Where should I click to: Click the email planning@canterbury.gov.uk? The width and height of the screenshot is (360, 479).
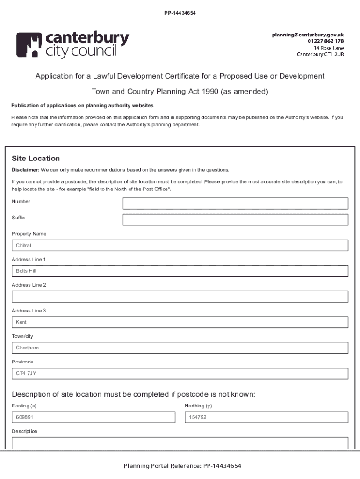click(308, 35)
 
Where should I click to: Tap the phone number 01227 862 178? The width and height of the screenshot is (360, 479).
click(325, 41)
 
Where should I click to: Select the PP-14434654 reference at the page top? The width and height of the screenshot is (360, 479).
click(180, 13)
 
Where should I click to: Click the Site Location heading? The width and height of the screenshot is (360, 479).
click(36, 159)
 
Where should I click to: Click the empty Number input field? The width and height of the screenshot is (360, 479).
click(235, 203)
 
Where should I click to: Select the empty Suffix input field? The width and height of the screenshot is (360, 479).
click(235, 220)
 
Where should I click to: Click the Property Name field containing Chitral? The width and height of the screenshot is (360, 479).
click(180, 246)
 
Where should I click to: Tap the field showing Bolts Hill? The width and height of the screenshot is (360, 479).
click(180, 271)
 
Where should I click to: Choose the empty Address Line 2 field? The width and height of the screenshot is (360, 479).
click(180, 297)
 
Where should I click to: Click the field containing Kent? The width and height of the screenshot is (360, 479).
click(180, 322)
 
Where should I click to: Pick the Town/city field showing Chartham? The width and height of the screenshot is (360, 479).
click(180, 348)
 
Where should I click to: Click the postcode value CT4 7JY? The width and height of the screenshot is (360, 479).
click(26, 374)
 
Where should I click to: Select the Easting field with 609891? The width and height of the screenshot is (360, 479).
click(94, 417)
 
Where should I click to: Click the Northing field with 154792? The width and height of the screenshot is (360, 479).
click(266, 417)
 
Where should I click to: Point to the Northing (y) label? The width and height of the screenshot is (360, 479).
click(198, 406)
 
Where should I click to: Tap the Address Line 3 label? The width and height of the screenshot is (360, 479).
click(29, 311)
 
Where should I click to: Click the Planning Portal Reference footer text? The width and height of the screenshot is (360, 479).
click(182, 466)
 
